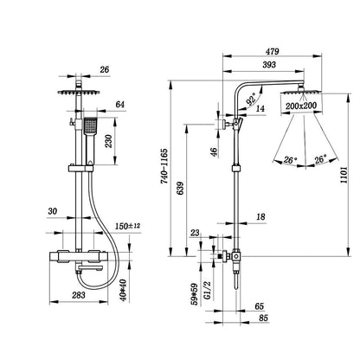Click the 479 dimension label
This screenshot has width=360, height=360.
tap(272, 51)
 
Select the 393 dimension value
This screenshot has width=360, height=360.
tap(269, 65)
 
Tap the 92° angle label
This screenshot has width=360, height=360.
tap(251, 100)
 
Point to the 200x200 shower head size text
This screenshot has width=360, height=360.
tap(301, 106)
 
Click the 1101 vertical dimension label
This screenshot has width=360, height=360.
tap(344, 175)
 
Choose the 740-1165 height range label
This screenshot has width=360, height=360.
tap(164, 166)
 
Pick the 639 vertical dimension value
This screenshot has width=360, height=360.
tap(180, 189)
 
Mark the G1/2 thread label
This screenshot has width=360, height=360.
tap(208, 291)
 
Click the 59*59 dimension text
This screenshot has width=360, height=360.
tap(196, 294)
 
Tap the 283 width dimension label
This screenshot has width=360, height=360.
tap(79, 295)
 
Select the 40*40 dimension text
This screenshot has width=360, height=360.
tap(124, 291)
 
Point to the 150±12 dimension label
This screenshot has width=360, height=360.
tap(127, 226)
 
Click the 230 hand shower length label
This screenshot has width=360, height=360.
tap(108, 141)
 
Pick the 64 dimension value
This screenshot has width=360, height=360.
tap(119, 105)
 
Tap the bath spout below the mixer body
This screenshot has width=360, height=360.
tap(90, 269)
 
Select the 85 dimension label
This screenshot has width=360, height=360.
tap(263, 318)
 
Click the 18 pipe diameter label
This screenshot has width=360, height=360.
tap(260, 216)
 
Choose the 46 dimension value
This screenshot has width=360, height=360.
tap(214, 152)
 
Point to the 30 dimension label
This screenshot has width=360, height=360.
tap(53, 211)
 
